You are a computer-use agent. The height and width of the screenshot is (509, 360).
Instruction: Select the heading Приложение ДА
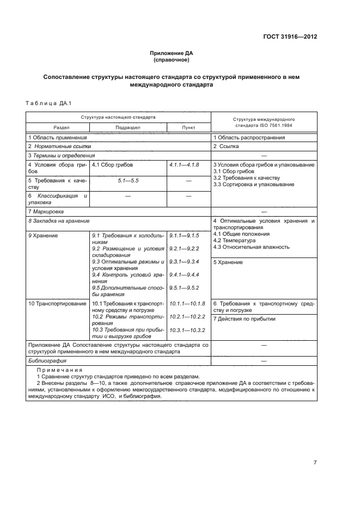172,53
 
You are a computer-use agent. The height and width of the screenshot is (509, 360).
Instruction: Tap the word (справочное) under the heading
172,60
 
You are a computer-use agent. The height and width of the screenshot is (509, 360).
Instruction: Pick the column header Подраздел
128,126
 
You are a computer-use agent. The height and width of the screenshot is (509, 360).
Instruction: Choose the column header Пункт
188,126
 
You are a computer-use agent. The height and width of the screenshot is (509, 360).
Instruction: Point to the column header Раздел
57,126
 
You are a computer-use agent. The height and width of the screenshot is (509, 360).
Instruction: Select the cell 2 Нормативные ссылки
59,146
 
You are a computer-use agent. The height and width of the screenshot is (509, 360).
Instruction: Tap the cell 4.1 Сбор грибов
112,164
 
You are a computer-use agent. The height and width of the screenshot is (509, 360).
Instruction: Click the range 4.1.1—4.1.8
184,164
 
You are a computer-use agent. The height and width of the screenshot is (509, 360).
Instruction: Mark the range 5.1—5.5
127,180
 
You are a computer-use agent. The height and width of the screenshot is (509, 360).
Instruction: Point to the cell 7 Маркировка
46,211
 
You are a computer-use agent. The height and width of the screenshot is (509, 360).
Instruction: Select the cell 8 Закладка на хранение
58,221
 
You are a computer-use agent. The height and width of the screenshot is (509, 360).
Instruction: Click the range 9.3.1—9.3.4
184,262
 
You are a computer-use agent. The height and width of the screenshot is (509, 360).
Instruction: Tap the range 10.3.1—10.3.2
187,330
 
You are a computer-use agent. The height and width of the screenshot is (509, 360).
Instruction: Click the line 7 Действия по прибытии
244,319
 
